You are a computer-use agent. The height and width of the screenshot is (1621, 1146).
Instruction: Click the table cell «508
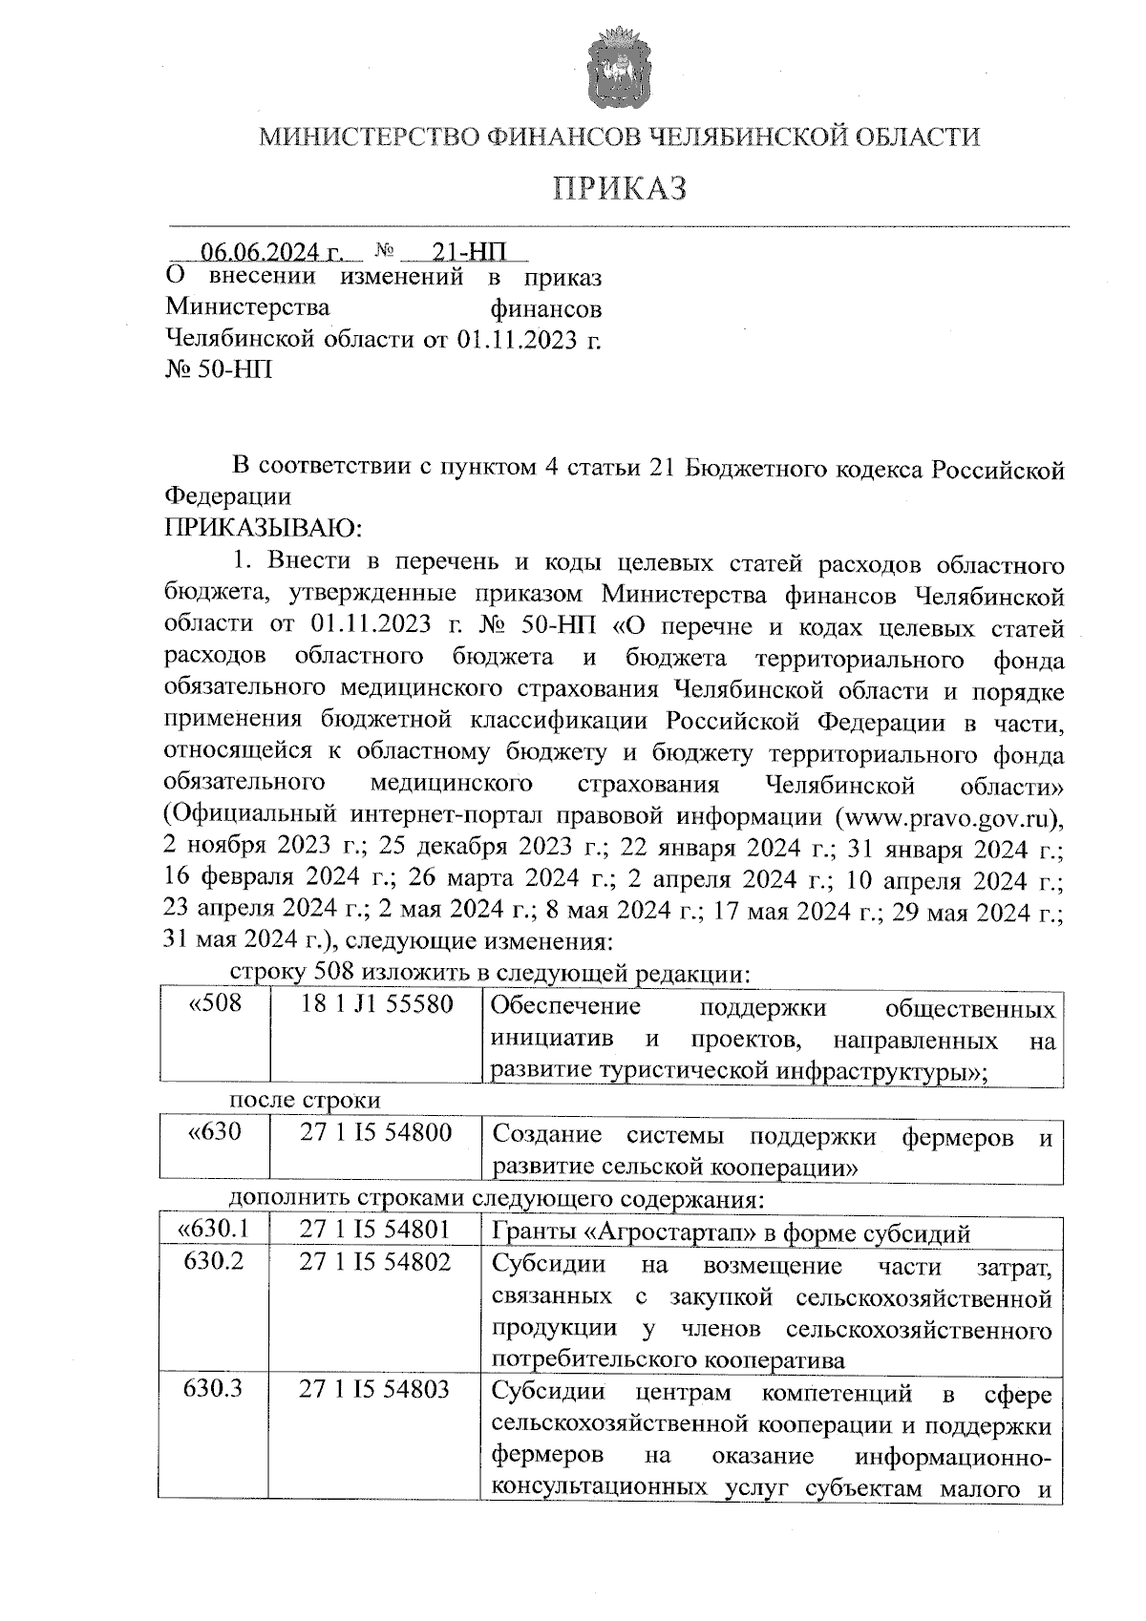coord(216,1005)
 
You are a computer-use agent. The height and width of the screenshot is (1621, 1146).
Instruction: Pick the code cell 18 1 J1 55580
coord(376,1005)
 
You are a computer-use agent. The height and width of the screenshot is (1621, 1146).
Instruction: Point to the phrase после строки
coord(305,1100)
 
